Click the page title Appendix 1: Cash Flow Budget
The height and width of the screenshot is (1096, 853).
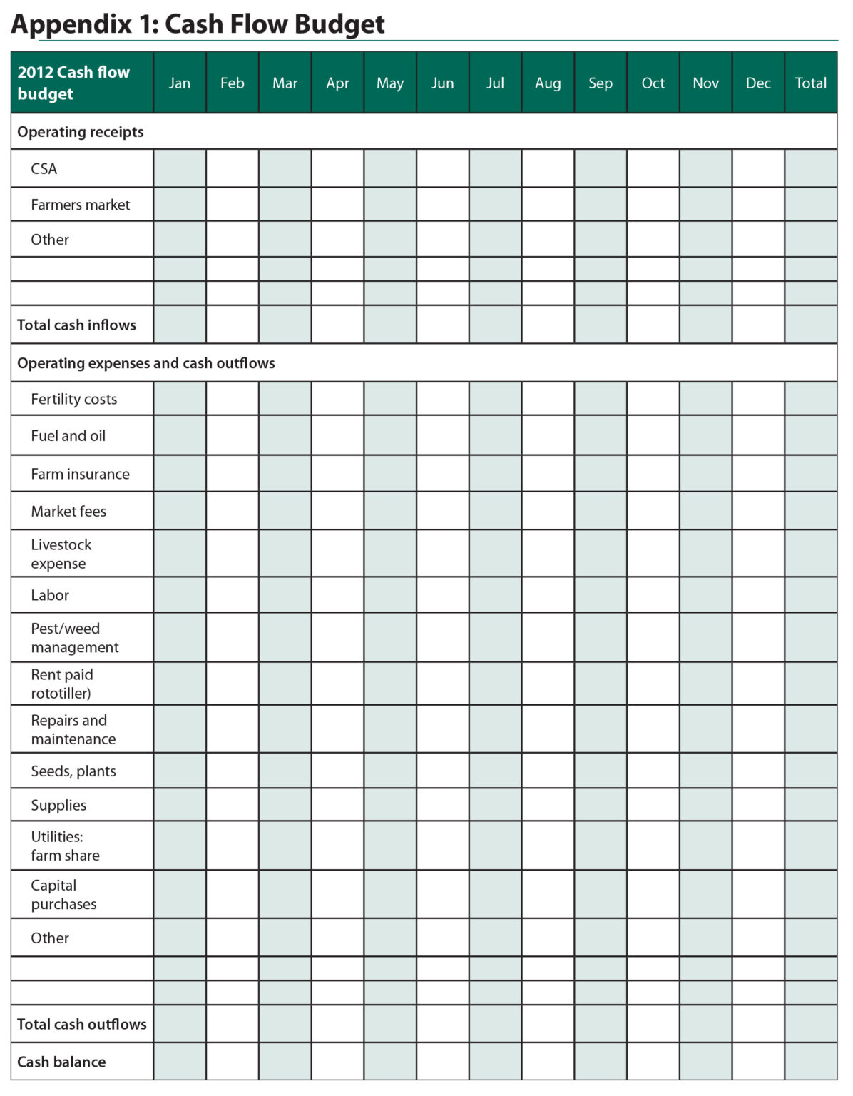pyautogui.click(x=198, y=24)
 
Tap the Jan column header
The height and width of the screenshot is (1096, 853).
pyautogui.click(x=180, y=83)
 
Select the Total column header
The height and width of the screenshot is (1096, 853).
pyautogui.click(x=811, y=83)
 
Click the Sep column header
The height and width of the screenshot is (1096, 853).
pyautogui.click(x=601, y=83)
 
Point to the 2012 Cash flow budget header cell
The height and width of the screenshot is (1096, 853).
pyautogui.click(x=74, y=83)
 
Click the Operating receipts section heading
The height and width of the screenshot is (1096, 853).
pyautogui.click(x=81, y=132)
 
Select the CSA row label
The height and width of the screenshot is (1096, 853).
pyautogui.click(x=44, y=169)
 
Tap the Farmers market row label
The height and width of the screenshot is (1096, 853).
pyautogui.click(x=81, y=205)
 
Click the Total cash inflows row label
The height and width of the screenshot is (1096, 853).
pyautogui.click(x=77, y=325)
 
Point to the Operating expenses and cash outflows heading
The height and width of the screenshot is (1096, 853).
pyautogui.click(x=146, y=363)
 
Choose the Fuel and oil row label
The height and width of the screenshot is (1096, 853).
pyautogui.click(x=68, y=436)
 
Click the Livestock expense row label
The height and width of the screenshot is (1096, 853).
pyautogui.click(x=61, y=554)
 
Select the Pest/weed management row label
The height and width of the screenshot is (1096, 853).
pyautogui.click(x=75, y=638)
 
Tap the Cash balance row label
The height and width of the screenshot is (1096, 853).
pyautogui.click(x=61, y=1062)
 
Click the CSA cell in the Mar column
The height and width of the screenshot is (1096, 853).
pyautogui.click(x=285, y=169)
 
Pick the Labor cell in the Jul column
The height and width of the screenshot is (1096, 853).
pyautogui.click(x=496, y=595)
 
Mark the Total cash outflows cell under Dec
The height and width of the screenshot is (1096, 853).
pyautogui.click(x=758, y=1024)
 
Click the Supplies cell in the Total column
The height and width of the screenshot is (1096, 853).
pyautogui.click(x=811, y=805)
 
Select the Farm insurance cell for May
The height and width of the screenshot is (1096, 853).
pyautogui.click(x=390, y=474)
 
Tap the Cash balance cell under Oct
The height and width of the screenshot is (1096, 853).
pyautogui.click(x=653, y=1062)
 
